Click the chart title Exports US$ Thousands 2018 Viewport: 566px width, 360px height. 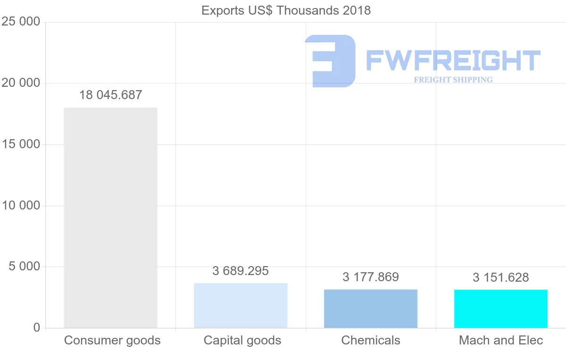[x=286, y=10]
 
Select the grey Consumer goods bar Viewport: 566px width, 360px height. [x=110, y=218]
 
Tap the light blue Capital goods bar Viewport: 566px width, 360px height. [x=241, y=305]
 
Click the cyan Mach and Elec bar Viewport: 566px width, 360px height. [x=501, y=309]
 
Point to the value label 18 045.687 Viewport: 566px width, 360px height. [x=110, y=95]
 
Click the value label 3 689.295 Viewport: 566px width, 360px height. [x=241, y=271]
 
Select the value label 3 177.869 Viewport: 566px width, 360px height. [x=371, y=277]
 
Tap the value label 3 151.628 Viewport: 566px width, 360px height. [x=501, y=277]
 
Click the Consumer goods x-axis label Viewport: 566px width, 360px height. [x=112, y=340]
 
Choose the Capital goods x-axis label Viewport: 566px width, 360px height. [x=242, y=340]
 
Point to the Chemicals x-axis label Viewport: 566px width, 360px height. [x=371, y=340]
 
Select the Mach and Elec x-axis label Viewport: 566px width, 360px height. [x=501, y=340]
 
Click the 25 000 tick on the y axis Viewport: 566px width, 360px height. [x=20, y=22]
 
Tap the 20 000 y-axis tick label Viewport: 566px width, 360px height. [x=20, y=83]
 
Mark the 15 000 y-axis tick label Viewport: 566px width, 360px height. [x=20, y=144]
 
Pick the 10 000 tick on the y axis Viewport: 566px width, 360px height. [x=20, y=206]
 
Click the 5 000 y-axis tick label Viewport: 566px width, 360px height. [x=24, y=267]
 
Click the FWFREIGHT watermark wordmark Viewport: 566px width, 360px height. [x=453, y=60]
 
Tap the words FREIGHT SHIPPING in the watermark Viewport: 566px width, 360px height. [x=453, y=80]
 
